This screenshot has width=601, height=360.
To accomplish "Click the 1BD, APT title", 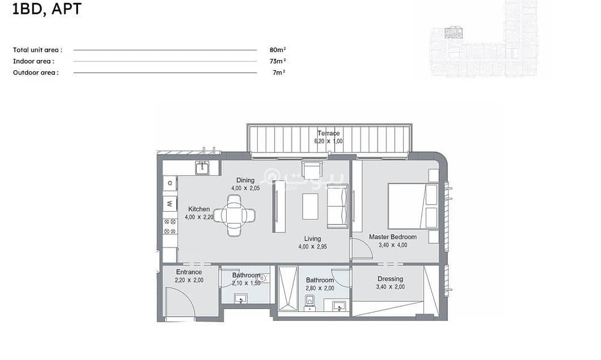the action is click(47, 9).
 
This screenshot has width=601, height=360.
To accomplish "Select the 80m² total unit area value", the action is click(278, 50).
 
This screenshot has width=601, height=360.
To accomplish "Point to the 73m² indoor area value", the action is click(278, 61).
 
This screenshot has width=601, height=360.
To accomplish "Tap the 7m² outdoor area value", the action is click(279, 72).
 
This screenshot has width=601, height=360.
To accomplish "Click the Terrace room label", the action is click(329, 133).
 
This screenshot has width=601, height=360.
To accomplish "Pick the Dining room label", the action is click(245, 180).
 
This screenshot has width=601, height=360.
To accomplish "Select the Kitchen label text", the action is click(199, 209).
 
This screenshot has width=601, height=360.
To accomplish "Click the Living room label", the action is click(312, 238).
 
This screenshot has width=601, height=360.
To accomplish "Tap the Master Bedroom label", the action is click(393, 237).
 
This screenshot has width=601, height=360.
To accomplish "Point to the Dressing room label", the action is click(390, 279).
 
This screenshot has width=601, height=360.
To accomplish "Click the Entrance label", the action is click(189, 272).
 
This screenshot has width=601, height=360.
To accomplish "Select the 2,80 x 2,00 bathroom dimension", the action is click(320, 289).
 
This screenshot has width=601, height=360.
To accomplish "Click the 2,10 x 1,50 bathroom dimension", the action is click(246, 283).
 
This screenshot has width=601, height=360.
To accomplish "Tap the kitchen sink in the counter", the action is click(202, 168).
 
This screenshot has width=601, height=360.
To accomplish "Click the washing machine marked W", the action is click(170, 203).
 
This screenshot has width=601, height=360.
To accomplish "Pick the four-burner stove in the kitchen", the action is click(170, 227).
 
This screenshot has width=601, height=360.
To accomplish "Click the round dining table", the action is click(234, 215).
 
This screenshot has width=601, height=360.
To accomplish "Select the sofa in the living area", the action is click(338, 206).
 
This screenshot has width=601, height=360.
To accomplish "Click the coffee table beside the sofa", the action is click(311, 206).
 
